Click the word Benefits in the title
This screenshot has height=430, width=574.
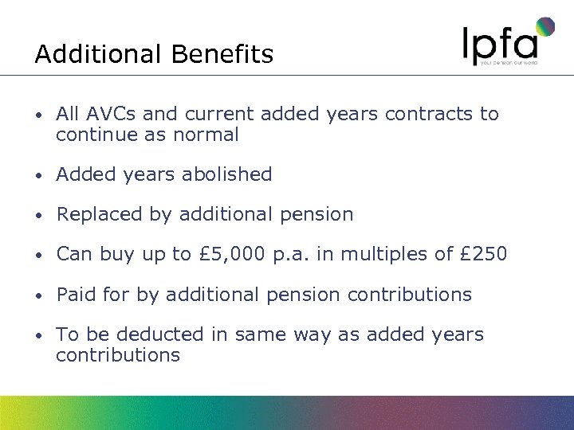coord(222,54)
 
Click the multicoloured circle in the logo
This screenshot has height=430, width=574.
coord(545,27)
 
